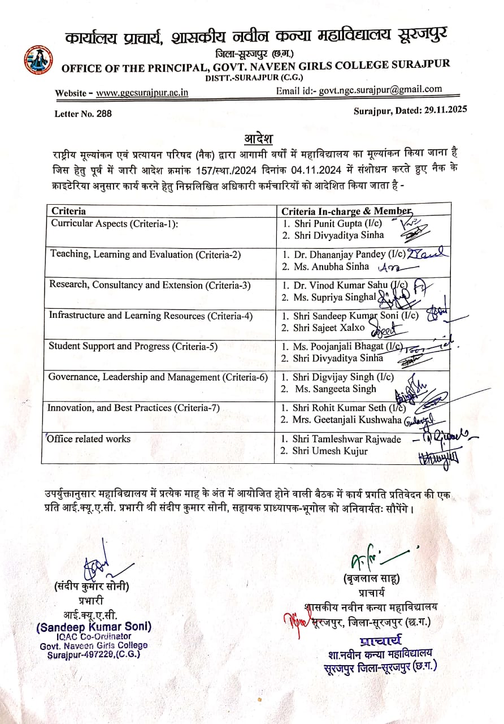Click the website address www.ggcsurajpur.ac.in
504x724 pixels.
click(x=142, y=93)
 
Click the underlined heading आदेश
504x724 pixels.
click(x=258, y=139)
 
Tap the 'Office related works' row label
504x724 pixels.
click(x=89, y=439)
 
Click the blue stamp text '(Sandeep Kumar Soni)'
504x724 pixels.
click(x=93, y=627)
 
